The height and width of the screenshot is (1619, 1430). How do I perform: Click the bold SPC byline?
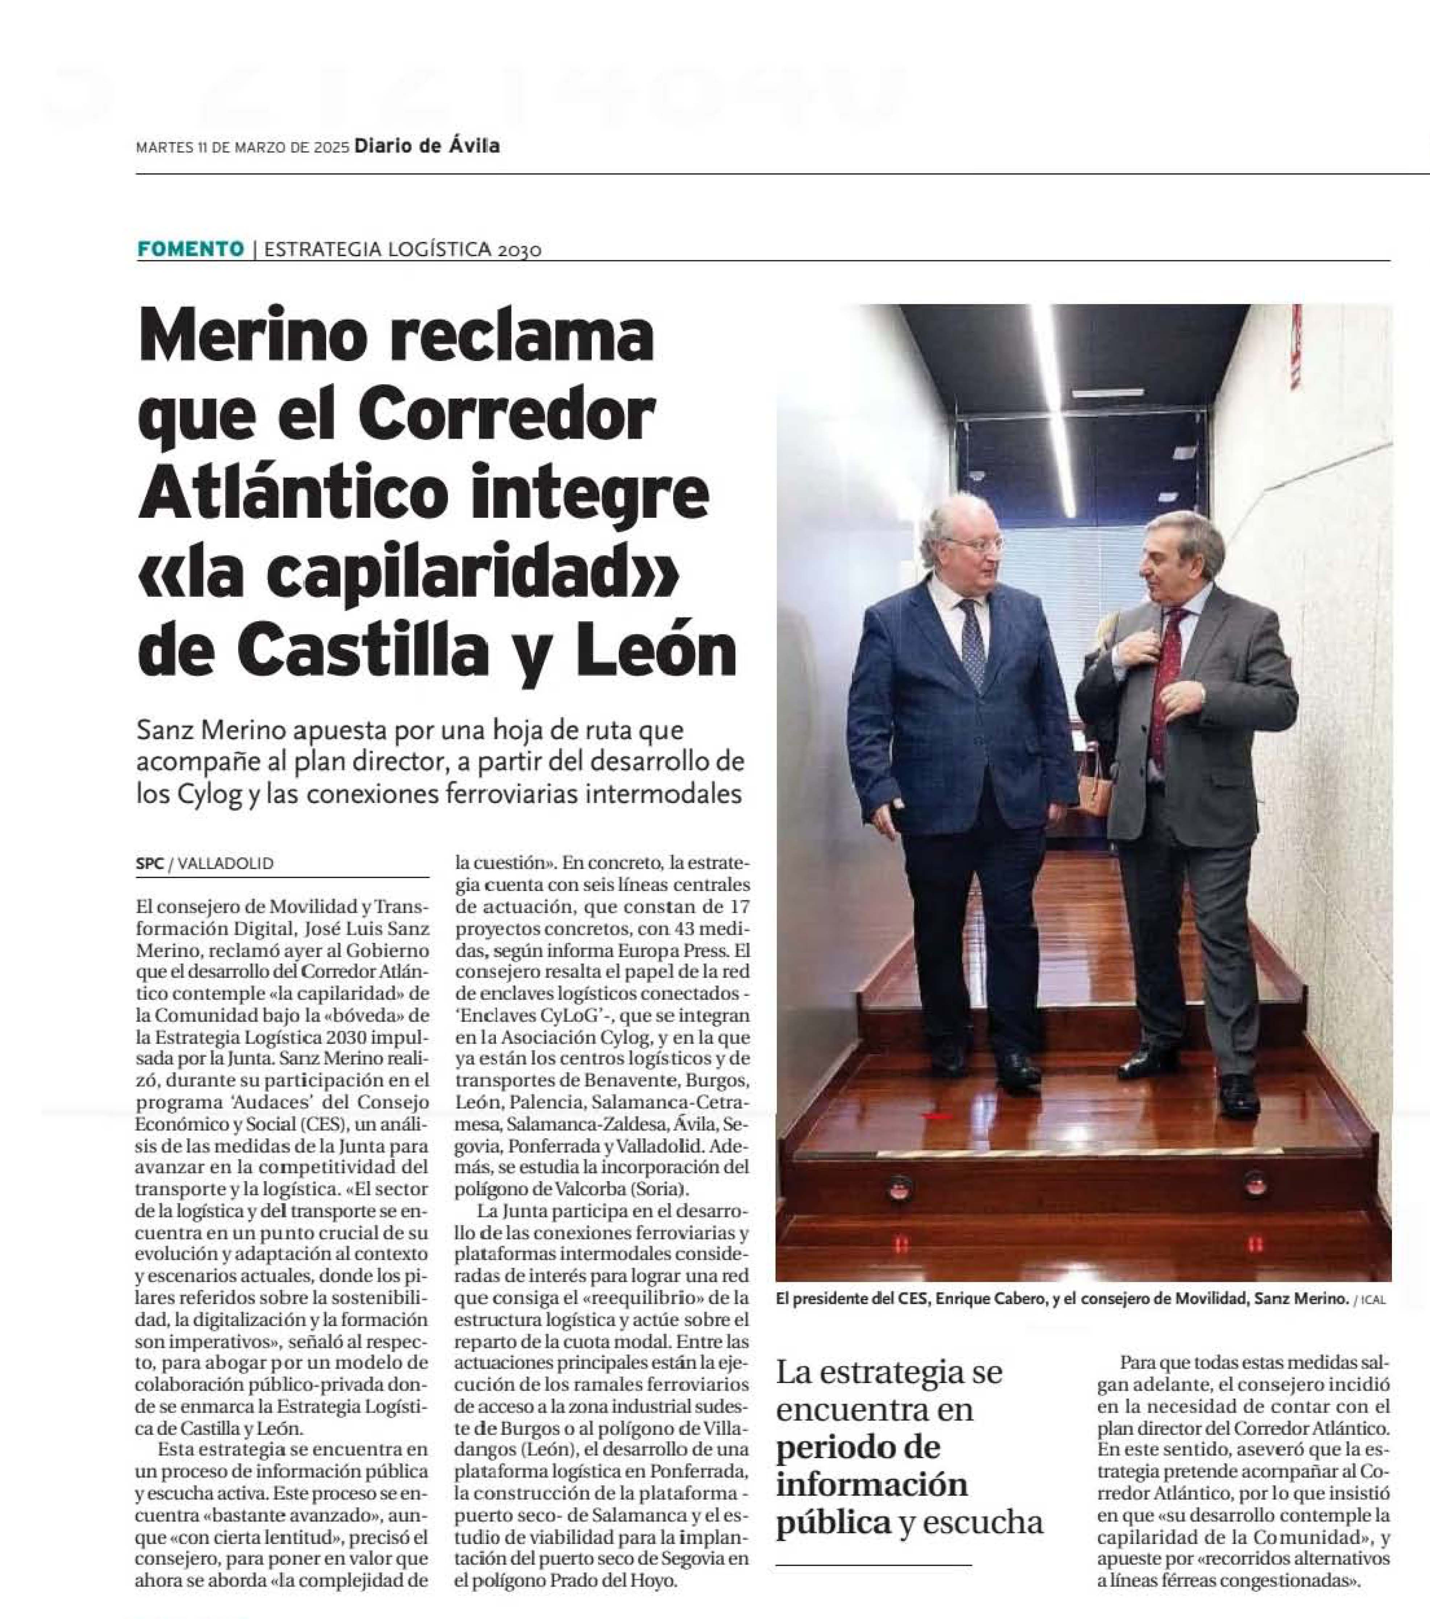point(149,864)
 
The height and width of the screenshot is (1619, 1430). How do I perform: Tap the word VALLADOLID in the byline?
point(226,864)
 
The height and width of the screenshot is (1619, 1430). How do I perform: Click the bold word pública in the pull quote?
point(833,1522)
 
